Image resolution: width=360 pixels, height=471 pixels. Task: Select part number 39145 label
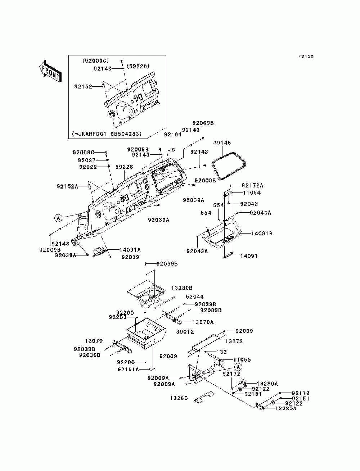222,143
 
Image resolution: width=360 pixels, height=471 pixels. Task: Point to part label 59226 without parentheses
124,167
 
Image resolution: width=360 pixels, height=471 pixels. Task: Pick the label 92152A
67,186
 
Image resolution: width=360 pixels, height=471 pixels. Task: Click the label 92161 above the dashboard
172,135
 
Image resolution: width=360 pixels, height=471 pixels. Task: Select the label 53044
194,297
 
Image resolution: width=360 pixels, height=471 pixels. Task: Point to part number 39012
185,332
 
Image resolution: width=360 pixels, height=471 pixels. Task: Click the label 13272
234,341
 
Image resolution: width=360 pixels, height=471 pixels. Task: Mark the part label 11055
242,359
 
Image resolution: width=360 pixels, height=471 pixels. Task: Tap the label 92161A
128,369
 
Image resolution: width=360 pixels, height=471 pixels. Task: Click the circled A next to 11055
238,367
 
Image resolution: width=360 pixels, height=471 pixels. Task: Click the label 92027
87,160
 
